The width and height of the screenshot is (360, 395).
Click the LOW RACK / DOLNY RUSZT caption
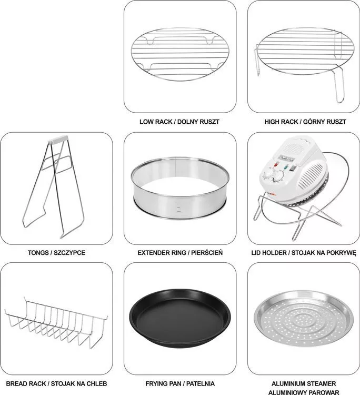coord(179,122)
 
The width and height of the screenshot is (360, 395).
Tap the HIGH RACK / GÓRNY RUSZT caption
coord(305,122)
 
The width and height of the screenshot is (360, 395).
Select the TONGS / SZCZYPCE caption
coord(56,253)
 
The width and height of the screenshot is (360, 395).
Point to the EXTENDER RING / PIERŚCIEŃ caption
coord(180,253)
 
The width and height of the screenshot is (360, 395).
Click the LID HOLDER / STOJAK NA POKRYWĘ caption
coord(304,253)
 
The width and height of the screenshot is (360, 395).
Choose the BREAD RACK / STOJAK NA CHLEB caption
coord(56,383)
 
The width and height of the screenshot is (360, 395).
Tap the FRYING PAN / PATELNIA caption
coord(180,383)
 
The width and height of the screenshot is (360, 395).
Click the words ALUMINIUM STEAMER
coord(304,383)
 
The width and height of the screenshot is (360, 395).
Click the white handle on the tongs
coord(58,139)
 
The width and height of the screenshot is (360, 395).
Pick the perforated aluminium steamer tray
coord(304,320)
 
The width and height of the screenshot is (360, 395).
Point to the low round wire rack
coord(180,54)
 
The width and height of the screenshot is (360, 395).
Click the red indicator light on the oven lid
coord(276,165)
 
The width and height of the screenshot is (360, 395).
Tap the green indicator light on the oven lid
coord(286,167)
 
